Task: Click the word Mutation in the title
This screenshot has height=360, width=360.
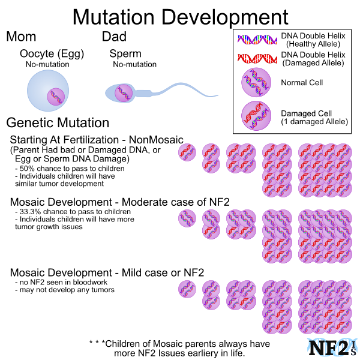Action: [113, 17]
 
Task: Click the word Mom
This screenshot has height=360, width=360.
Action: [21, 37]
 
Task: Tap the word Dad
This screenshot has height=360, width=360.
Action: [114, 37]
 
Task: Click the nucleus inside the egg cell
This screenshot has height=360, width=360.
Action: [56, 97]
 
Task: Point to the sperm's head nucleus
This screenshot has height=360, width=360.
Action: [124, 93]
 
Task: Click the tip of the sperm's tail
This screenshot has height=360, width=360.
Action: [218, 95]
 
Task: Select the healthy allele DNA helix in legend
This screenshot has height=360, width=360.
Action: [257, 40]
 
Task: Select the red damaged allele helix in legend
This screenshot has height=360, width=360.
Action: [257, 59]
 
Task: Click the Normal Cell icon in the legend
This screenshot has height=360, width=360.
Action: [256, 82]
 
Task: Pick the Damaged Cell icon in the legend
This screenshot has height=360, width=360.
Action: [256, 116]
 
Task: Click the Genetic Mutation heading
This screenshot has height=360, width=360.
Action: [58, 123]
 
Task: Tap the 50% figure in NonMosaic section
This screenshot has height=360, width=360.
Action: [26, 169]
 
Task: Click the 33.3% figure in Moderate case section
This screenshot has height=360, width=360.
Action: [30, 211]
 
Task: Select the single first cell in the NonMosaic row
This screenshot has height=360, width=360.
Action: [187, 152]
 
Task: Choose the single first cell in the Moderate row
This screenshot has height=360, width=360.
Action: [187, 218]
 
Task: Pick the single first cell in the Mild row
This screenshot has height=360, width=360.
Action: [187, 289]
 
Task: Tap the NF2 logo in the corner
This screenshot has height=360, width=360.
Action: [332, 347]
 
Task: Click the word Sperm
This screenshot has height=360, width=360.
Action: [125, 54]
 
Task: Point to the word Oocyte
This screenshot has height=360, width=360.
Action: [37, 54]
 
